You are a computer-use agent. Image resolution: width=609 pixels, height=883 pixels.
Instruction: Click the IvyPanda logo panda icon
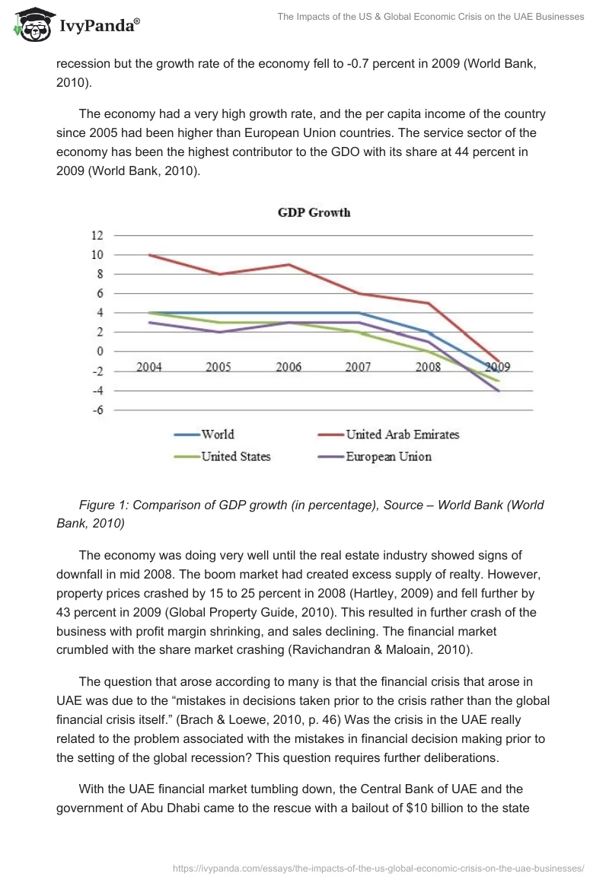pos(30,24)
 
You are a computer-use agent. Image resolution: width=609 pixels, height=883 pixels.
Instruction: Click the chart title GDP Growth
pos(314,212)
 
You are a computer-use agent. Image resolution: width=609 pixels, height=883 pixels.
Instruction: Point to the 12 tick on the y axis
pos(97,235)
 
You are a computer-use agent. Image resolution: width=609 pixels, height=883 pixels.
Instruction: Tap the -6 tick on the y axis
pos(97,410)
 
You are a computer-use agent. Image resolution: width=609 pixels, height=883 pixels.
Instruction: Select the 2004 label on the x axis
pos(149,367)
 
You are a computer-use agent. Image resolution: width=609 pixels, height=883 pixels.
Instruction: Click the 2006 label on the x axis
pos(289,367)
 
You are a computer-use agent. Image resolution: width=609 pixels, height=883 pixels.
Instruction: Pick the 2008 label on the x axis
pos(428,367)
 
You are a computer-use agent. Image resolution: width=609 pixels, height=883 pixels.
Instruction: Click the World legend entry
pos(217,435)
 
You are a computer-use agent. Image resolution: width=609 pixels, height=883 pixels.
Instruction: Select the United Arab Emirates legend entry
pos(402,435)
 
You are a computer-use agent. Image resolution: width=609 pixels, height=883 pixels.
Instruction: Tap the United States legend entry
pos(235,457)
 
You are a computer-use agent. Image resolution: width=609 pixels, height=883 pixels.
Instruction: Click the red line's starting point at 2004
pos(149,255)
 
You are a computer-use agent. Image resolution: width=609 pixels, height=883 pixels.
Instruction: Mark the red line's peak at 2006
pos(289,264)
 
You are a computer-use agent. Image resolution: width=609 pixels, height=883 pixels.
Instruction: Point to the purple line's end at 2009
pos(499,390)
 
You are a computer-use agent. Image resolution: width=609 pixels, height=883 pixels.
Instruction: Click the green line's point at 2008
pos(429,352)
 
